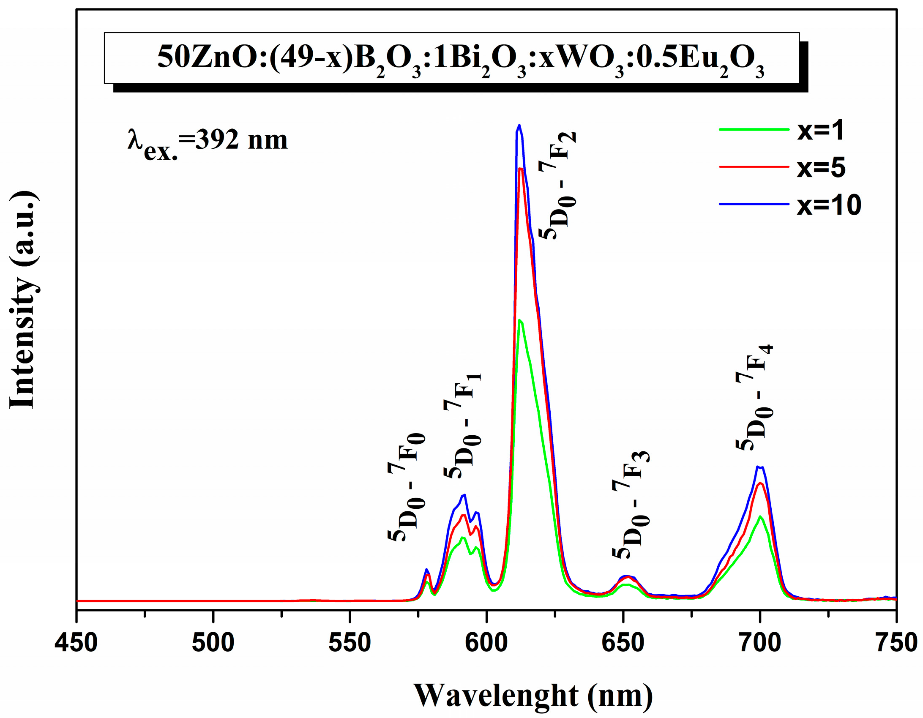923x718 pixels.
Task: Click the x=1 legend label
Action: click(x=820, y=130)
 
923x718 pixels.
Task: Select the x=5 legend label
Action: click(x=821, y=167)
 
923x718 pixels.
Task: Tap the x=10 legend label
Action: click(x=829, y=205)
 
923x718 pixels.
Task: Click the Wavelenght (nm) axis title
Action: click(x=533, y=695)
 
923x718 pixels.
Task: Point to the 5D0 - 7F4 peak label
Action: click(x=755, y=397)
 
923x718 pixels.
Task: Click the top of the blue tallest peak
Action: click(x=519, y=125)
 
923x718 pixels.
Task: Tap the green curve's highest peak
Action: click(x=519, y=320)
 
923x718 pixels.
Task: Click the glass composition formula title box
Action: click(x=451, y=58)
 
